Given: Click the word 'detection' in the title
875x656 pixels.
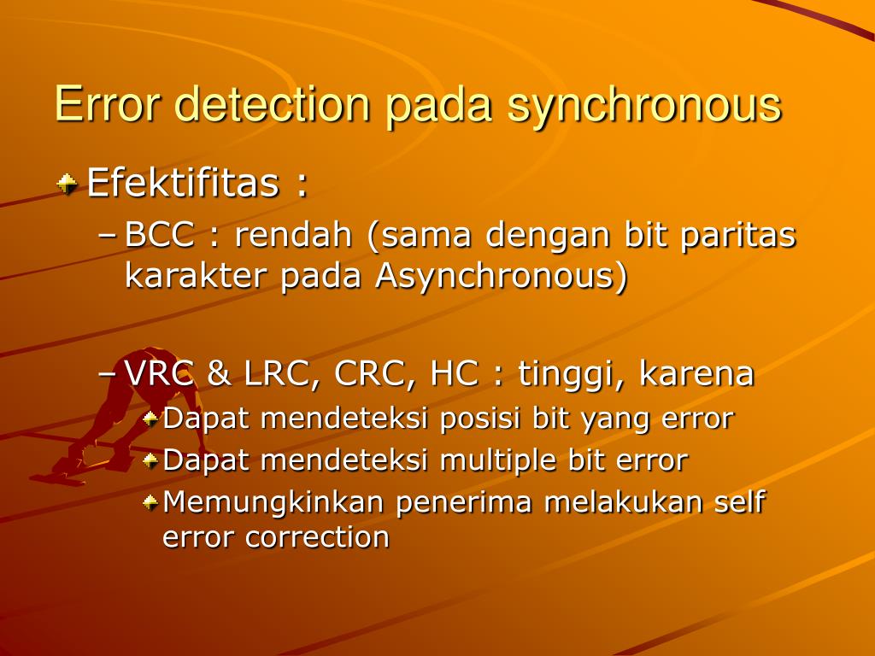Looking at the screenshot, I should coord(274,105).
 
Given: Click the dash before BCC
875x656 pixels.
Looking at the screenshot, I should coord(109,236).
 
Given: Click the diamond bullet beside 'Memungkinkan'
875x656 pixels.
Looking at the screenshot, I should coord(150,501).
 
